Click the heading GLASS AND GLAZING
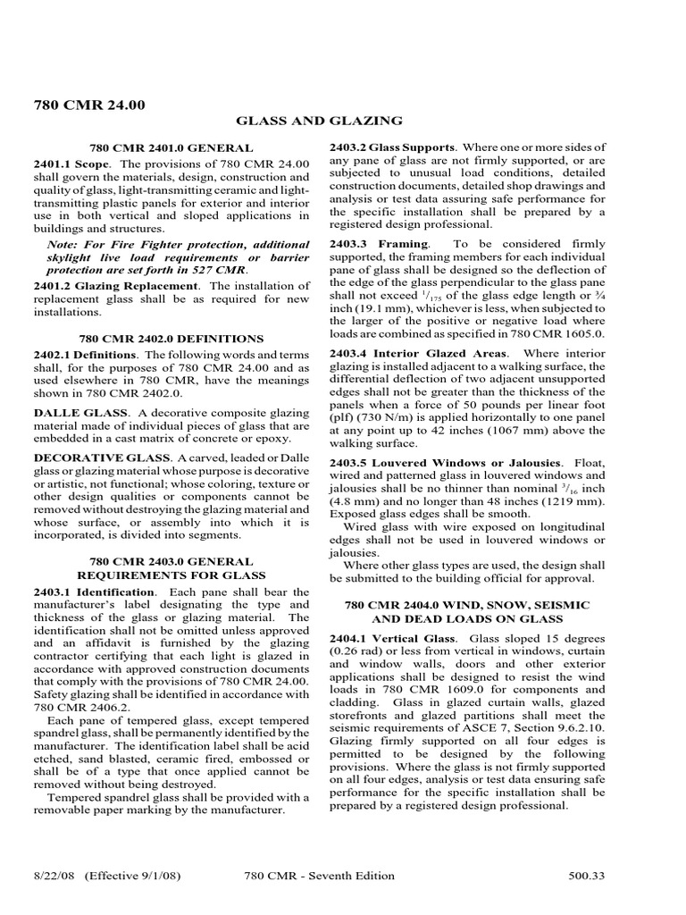pos(319,121)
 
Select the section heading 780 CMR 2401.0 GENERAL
pos(171,147)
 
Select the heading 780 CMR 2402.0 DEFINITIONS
pos(171,339)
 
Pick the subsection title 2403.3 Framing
pos(380,244)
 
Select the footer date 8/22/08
pos(55,876)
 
